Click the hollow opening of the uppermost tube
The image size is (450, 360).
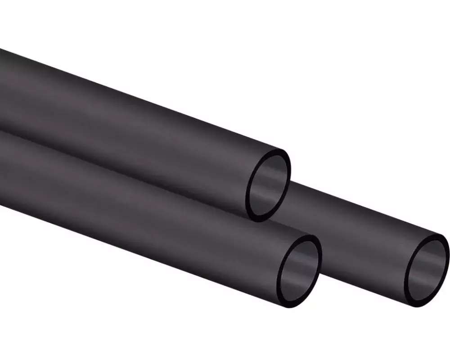click(269, 184)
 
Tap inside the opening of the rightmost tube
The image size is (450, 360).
click(427, 270)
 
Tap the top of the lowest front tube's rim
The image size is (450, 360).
click(306, 237)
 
